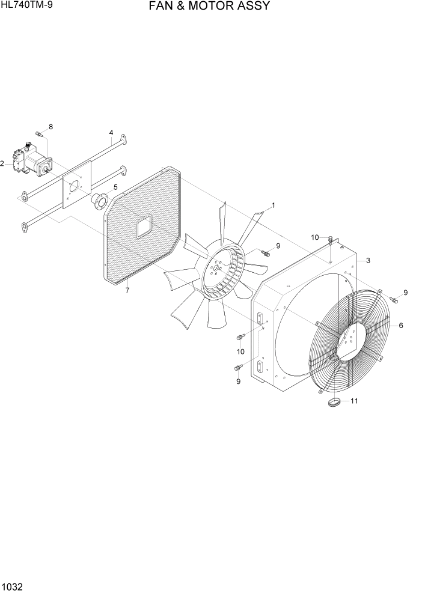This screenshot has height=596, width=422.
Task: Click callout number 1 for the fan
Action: click(273, 205)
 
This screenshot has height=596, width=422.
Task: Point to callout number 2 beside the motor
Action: click(2, 163)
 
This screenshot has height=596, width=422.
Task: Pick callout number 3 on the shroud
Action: click(367, 260)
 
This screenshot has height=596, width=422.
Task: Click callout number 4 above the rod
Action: click(111, 132)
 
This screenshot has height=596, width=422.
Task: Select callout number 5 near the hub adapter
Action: click(115, 187)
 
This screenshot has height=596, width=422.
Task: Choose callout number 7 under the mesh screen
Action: click(127, 291)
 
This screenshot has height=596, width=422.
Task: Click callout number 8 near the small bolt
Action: click(50, 127)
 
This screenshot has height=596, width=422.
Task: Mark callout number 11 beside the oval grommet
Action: click(354, 401)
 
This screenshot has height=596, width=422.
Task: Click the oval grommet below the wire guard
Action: click(334, 402)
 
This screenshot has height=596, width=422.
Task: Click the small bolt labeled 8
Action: click(38, 133)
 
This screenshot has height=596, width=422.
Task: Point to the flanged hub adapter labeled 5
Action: click(99, 200)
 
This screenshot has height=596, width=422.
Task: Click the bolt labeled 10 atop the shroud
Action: click(331, 240)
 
